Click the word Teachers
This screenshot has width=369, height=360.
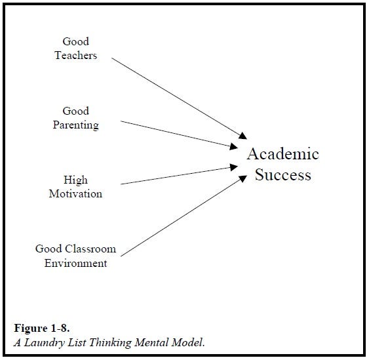pos(76,55)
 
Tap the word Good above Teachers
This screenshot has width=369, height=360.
pos(76,41)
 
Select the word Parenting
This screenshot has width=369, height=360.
pos(76,125)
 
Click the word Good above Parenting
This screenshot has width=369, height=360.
pos(76,111)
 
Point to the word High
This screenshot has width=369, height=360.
pos(76,180)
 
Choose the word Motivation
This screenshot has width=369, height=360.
pos(76,194)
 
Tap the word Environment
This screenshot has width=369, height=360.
pos(76,263)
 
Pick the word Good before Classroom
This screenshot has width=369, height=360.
pos(49,249)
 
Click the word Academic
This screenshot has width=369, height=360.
pos(283,153)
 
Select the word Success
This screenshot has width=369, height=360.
pos(283,175)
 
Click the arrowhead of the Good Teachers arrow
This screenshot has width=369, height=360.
pos(243,136)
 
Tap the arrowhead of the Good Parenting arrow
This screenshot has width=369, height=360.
pos(234,146)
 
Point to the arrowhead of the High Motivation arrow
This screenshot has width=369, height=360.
pos(234,167)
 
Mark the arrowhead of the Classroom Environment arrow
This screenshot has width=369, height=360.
pos(243,178)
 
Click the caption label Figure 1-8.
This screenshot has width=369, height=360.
pos(42,328)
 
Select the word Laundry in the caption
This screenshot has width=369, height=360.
pos(44,343)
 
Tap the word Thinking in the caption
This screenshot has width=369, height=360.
pos(110,343)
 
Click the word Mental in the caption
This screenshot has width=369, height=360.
pos(151,342)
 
